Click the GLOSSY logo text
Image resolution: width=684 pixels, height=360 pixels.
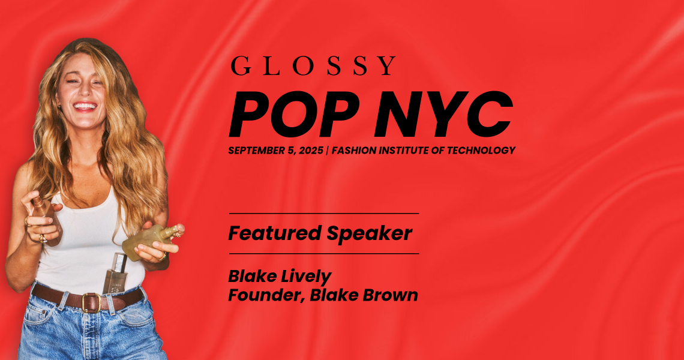313,66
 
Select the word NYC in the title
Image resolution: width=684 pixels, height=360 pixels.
443,115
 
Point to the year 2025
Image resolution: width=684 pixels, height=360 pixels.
311,151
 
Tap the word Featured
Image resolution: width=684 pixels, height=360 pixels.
275,233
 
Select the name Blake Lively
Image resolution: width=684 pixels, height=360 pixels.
280,277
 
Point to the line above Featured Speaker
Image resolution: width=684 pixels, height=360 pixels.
323,214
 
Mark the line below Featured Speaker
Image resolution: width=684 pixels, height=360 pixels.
323,254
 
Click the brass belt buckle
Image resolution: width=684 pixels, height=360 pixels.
91,302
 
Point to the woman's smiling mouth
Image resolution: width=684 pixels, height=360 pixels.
85,106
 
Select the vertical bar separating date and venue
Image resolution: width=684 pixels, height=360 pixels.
327,151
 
